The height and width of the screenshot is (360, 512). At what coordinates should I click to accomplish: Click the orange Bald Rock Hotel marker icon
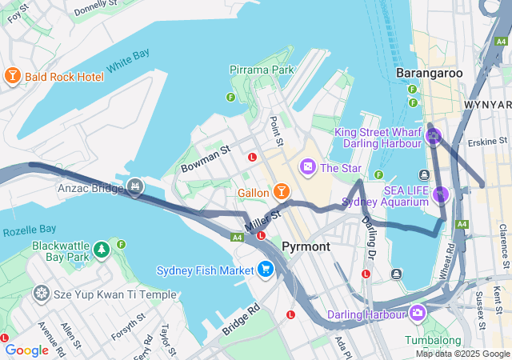pyautogui.click(x=12, y=76)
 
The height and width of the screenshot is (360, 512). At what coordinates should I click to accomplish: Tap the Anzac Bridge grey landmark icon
pyautogui.click(x=136, y=187)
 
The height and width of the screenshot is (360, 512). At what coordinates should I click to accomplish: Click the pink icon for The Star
pyautogui.click(x=307, y=167)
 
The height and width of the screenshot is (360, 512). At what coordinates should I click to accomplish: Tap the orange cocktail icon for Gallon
pyautogui.click(x=281, y=192)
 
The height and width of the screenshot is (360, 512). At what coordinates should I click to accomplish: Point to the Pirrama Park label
pyautogui.click(x=262, y=70)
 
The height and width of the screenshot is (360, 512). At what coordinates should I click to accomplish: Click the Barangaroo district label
pyautogui.click(x=430, y=73)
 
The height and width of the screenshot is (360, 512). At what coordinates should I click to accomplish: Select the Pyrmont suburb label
pyautogui.click(x=306, y=246)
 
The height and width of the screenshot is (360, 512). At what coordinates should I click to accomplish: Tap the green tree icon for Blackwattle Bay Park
pyautogui.click(x=102, y=250)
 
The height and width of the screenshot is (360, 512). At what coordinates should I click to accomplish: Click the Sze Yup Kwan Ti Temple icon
pyautogui.click(x=41, y=294)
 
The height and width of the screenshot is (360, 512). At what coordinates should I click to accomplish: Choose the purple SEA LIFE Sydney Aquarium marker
pyautogui.click(x=440, y=194)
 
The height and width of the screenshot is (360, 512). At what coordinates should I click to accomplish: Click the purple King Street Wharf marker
pyautogui.click(x=434, y=137)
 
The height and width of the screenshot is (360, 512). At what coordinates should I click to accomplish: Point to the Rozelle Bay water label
pyautogui.click(x=29, y=231)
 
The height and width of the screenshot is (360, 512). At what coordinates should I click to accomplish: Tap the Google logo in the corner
pyautogui.click(x=26, y=350)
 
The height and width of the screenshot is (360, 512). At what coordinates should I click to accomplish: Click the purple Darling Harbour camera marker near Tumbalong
pyautogui.click(x=417, y=311)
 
